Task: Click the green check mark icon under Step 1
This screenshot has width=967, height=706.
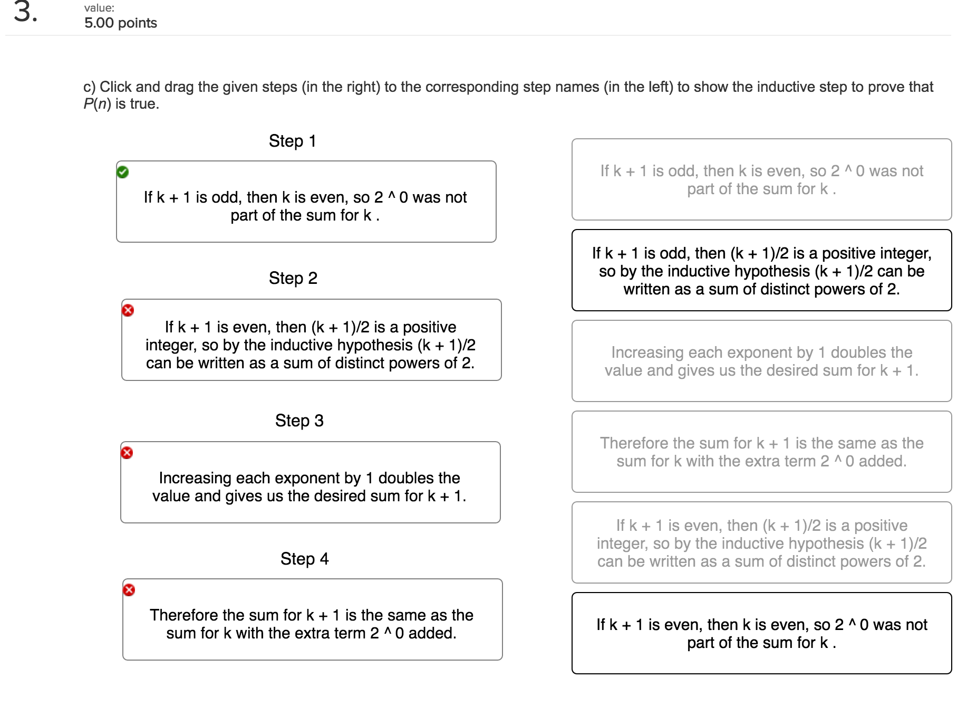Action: coord(123,172)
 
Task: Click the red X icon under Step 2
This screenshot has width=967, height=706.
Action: coord(128,310)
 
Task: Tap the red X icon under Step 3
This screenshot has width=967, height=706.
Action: coord(127,453)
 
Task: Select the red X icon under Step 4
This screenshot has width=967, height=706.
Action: coord(129,590)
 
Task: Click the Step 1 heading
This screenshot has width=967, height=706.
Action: coord(292,141)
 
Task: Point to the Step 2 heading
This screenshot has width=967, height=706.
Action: coord(293,278)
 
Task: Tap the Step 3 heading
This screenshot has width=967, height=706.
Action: coord(299,421)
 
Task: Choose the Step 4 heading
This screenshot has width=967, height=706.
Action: coord(304,558)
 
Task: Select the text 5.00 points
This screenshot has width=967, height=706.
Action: coord(121,23)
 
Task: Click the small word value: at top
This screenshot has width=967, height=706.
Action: coord(99,8)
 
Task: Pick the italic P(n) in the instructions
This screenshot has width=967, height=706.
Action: coord(97,104)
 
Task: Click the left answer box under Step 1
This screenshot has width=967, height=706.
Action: coord(306,206)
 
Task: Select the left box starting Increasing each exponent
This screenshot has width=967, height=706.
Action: coord(310,486)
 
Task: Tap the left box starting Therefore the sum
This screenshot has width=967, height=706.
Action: coord(312,624)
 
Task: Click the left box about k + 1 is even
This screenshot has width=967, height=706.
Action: coord(311,345)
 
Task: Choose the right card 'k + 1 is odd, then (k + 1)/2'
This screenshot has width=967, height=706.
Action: coord(761,271)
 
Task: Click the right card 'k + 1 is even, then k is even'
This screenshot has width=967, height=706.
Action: coord(761,633)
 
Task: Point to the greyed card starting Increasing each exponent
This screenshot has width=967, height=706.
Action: coord(761,361)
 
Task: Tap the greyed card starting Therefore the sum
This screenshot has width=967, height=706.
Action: coord(761,452)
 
